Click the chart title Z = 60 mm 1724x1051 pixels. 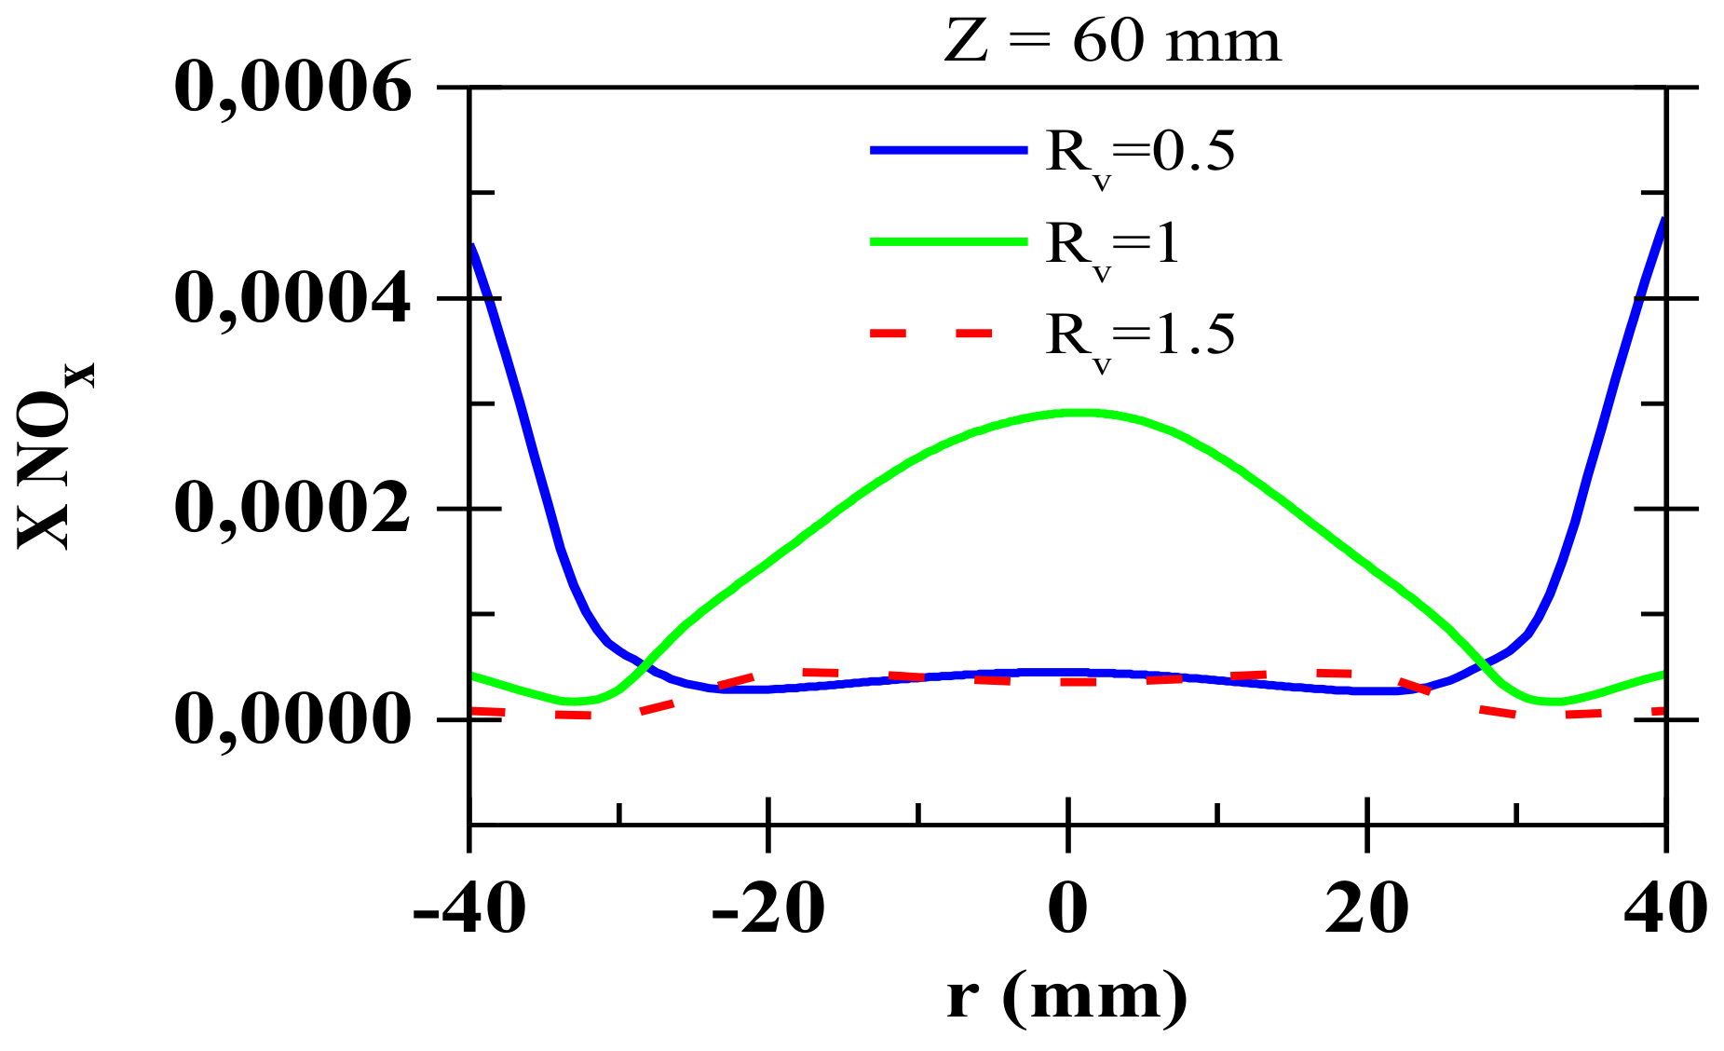(x=1112, y=43)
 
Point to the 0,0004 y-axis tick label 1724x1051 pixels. (x=292, y=299)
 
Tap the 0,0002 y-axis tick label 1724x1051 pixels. (x=292, y=510)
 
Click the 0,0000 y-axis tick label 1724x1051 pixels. (x=292, y=720)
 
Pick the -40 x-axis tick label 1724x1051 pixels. (x=469, y=908)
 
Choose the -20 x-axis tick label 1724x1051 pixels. (x=768, y=908)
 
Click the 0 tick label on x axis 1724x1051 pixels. (x=1067, y=908)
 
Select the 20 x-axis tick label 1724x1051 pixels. (x=1366, y=908)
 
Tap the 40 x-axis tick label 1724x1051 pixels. (x=1665, y=908)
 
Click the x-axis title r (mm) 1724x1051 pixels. (x=1067, y=997)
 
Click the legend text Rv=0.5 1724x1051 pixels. (x=1140, y=155)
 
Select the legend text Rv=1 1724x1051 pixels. (x=1113, y=246)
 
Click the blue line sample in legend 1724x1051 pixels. (x=948, y=149)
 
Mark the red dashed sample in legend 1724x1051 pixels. (x=931, y=333)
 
